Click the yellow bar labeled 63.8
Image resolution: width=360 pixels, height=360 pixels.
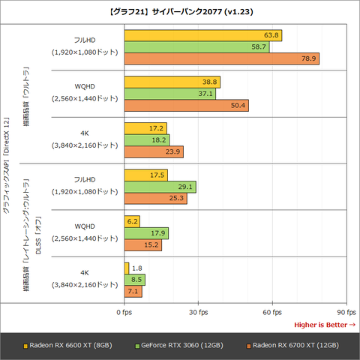202,35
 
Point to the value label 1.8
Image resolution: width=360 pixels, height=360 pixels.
136,268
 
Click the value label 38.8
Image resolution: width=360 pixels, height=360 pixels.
211,82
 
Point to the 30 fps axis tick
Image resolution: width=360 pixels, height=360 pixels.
198,311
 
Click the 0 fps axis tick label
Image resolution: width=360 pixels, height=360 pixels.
124,311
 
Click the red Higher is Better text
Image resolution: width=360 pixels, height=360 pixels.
324,324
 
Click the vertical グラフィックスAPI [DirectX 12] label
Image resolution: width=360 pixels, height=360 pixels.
7,165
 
